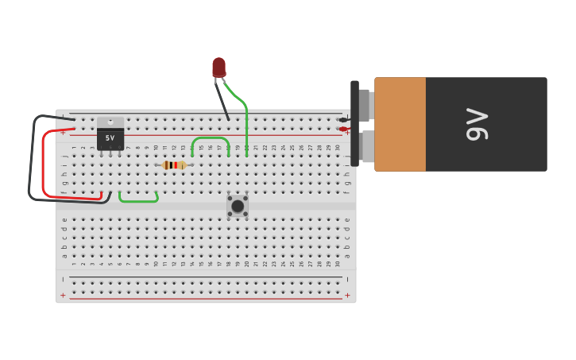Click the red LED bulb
click(x=218, y=67)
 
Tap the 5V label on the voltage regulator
click(x=110, y=138)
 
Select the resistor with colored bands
click(x=173, y=165)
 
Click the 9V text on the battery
click(x=477, y=124)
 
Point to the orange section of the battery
click(x=400, y=124)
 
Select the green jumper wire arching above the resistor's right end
click(x=211, y=139)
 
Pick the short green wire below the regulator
click(x=138, y=200)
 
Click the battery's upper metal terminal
click(x=365, y=105)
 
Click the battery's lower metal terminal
click(x=367, y=146)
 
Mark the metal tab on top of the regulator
click(x=110, y=122)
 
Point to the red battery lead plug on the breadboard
click(x=343, y=129)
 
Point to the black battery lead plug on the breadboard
click(x=343, y=120)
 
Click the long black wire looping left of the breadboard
click(x=31, y=159)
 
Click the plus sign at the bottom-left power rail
click(x=63, y=296)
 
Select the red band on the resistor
click(x=176, y=165)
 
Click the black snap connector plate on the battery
click(x=354, y=123)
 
